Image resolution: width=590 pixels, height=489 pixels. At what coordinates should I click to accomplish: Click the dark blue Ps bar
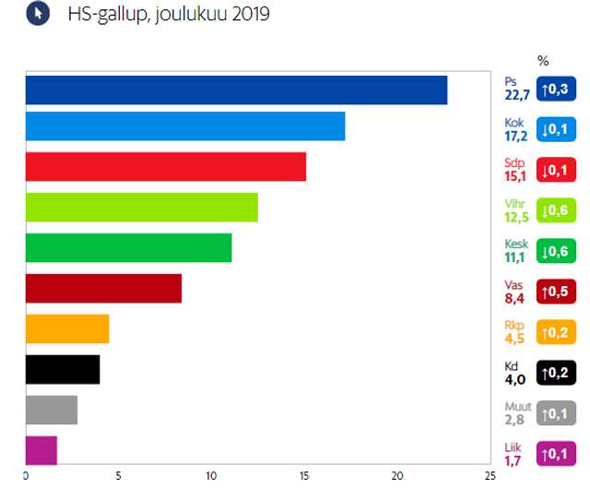[235, 90]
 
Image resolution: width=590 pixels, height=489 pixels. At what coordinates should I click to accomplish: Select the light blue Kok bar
[184, 125]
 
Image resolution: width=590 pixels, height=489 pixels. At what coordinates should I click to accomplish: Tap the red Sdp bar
[165, 166]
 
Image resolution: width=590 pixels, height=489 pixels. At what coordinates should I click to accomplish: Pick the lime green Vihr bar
[141, 208]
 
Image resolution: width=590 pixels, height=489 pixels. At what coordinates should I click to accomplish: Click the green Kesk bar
[128, 248]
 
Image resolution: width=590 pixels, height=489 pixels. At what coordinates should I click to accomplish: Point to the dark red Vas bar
[103, 289]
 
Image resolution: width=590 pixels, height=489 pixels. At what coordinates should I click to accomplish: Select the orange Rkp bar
[67, 329]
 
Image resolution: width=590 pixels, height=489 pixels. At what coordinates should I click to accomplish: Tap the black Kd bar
[63, 370]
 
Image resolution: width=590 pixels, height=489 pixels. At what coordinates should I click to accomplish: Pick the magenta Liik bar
[41, 450]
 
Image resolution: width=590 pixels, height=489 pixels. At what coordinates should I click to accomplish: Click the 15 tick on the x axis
[304, 476]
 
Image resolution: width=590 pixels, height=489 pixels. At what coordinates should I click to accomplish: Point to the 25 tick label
[490, 476]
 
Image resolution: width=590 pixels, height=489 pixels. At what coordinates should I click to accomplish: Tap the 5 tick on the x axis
[119, 476]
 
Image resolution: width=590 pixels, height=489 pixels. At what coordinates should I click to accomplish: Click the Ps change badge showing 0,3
[556, 89]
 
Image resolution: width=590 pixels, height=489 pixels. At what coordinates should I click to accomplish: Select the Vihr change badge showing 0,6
[556, 210]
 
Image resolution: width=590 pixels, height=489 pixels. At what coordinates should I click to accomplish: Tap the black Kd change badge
[556, 374]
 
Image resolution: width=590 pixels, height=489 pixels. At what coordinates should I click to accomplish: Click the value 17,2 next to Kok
[516, 136]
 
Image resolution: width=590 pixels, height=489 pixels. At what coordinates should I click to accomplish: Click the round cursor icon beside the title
[38, 15]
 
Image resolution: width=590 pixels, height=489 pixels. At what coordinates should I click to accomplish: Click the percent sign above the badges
[543, 61]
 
